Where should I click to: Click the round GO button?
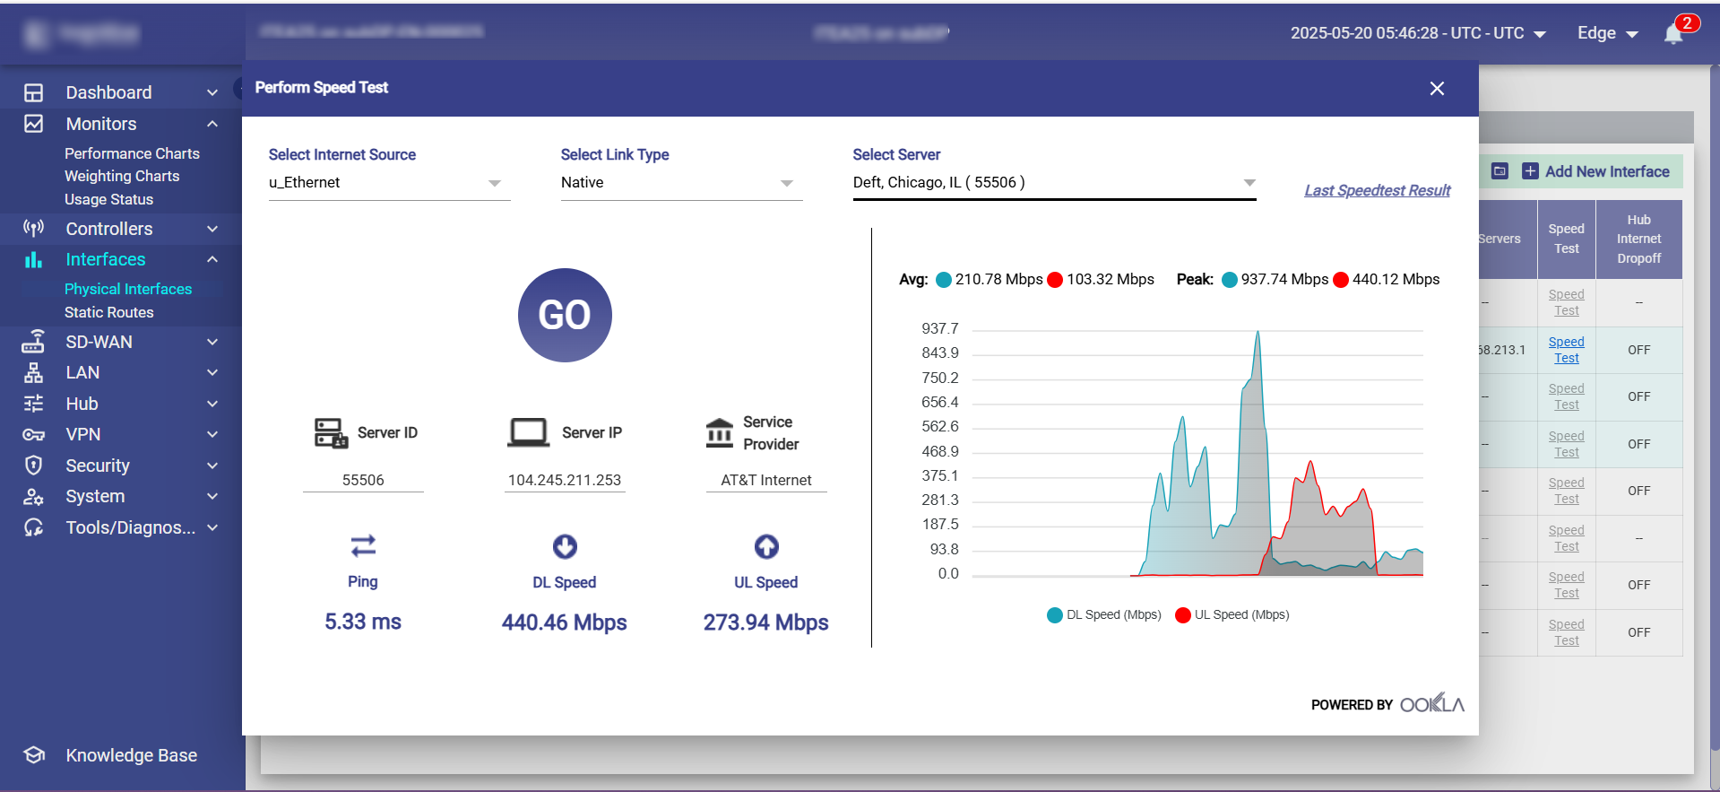pyautogui.click(x=565, y=315)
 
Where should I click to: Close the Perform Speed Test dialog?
pyautogui.click(x=1437, y=88)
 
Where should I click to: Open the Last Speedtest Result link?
pyautogui.click(x=1377, y=190)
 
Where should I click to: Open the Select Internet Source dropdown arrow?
pyautogui.click(x=494, y=183)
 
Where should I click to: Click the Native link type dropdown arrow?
pyautogui.click(x=786, y=183)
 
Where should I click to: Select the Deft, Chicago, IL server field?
pyautogui.click(x=1040, y=183)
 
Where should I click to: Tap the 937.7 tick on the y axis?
pyautogui.click(x=939, y=328)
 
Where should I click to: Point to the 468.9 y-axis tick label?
pyautogui.click(x=939, y=451)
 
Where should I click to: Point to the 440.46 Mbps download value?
pyautogui.click(x=564, y=622)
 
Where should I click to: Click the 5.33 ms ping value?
pyautogui.click(x=363, y=622)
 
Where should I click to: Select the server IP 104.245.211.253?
pyautogui.click(x=564, y=480)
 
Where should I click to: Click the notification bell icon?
pyautogui.click(x=1672, y=34)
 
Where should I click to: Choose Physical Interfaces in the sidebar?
pyautogui.click(x=128, y=289)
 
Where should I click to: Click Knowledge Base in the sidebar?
pyautogui.click(x=131, y=755)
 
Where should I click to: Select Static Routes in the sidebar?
pyautogui.click(x=109, y=312)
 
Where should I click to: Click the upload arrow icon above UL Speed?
pyautogui.click(x=766, y=546)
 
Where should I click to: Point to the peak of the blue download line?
pyautogui.click(x=1258, y=332)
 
